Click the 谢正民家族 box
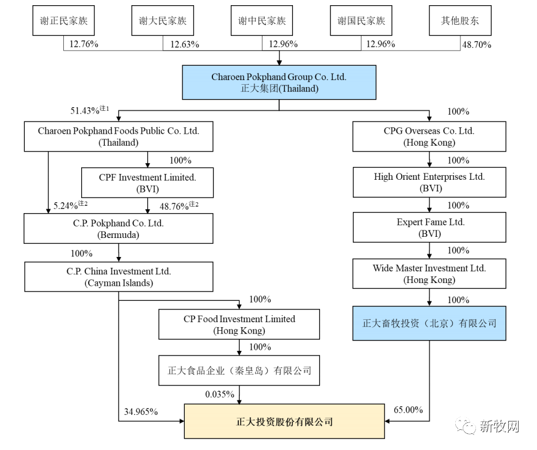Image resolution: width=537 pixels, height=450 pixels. [x=63, y=21]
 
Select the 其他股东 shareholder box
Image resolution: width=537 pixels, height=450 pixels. [x=460, y=21]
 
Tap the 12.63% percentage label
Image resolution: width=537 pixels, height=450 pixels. [x=182, y=44]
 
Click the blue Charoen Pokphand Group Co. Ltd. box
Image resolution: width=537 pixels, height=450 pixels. [x=279, y=82]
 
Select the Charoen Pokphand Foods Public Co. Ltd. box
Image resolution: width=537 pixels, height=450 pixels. [x=119, y=137]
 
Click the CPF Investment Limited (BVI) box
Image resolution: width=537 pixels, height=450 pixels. [x=147, y=183]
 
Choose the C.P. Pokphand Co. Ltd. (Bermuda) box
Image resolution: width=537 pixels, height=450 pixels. [x=119, y=229]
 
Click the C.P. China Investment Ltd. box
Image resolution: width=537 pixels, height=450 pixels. [x=119, y=277]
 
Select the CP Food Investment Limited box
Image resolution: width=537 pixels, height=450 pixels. [x=239, y=324]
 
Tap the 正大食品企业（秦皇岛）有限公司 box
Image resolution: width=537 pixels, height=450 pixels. [x=239, y=370]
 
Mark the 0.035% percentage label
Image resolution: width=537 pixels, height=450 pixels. [x=219, y=394]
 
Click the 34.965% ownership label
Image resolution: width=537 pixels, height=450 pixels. [x=141, y=411]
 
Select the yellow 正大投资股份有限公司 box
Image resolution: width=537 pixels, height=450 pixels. [x=284, y=421]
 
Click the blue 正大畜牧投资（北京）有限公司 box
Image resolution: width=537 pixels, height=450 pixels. [x=429, y=323]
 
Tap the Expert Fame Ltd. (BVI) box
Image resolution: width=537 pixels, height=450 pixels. [x=430, y=228]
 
